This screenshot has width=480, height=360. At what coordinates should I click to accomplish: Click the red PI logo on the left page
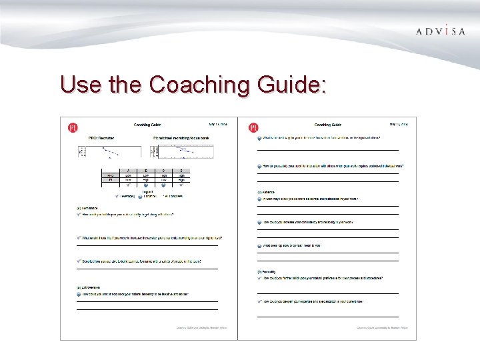coord(73,127)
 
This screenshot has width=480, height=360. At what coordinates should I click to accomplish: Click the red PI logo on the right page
coord(253,127)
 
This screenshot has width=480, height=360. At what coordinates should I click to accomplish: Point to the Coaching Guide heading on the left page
coord(147,125)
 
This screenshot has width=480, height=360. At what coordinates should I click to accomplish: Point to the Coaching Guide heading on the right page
coord(327,125)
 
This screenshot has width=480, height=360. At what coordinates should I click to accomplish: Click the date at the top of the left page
coord(218,124)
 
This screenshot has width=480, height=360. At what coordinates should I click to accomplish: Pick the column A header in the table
coord(128,171)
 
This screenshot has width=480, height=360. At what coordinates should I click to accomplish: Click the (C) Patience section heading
coord(267,192)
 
